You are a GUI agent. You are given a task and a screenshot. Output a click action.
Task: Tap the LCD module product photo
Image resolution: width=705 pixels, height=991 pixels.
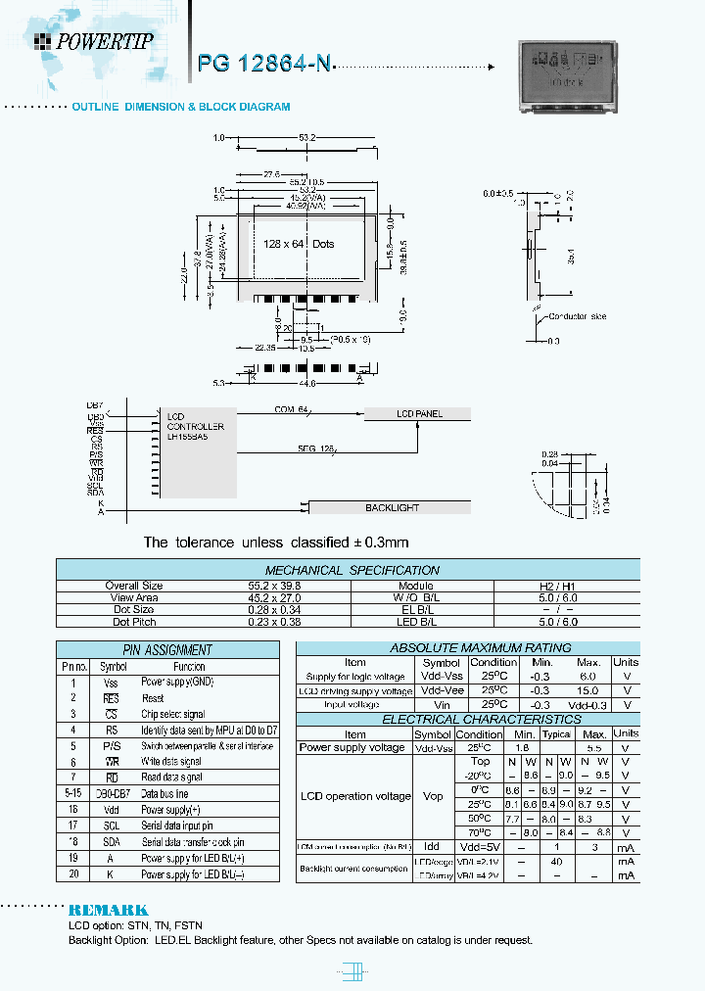tap(568, 75)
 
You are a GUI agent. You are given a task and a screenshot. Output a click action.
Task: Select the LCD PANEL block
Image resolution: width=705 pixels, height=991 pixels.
tap(418, 414)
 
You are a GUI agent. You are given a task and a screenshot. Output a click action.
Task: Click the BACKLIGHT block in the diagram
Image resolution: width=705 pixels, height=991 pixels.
tap(391, 507)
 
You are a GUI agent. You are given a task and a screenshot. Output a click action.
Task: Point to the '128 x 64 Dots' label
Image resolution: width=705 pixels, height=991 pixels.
tap(299, 244)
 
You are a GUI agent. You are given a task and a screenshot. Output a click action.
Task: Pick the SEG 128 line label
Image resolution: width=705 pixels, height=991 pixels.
tap(316, 448)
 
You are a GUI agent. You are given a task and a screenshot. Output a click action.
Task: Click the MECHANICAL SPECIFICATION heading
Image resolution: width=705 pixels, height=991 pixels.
tap(352, 570)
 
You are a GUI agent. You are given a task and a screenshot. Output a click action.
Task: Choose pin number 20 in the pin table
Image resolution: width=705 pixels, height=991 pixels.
tap(72, 873)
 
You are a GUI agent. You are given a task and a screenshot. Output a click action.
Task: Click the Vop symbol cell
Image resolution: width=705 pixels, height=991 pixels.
tap(432, 796)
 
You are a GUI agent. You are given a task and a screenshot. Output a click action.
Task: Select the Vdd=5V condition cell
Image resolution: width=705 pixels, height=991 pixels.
tap(480, 846)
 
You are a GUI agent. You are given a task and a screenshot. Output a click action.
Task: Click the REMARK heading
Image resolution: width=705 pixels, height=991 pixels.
tap(109, 910)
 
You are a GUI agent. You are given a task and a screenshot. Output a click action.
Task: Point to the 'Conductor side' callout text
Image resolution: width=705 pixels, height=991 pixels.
tap(578, 316)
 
